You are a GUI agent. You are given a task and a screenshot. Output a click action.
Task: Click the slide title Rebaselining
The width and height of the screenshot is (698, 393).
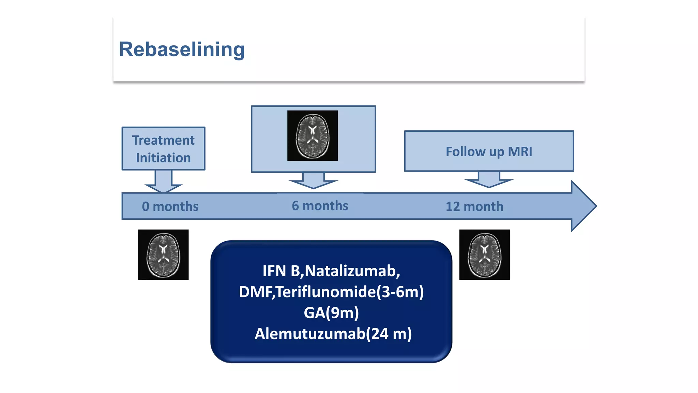tap(182, 49)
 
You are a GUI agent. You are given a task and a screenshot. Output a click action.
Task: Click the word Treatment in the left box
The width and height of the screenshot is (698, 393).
tap(163, 140)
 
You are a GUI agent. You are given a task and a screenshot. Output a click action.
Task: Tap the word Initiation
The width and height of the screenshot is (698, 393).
tap(163, 158)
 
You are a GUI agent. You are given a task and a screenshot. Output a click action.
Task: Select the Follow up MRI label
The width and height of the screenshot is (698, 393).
tap(489, 151)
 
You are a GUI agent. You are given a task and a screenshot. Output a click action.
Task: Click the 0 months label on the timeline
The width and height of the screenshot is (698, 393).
tap(170, 206)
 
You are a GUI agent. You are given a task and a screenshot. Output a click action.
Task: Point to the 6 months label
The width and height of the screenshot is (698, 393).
tap(320, 206)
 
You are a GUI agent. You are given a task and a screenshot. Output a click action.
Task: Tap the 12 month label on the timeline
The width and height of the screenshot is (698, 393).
tap(474, 206)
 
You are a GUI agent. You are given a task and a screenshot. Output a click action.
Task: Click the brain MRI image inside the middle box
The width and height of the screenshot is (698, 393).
tap(313, 136)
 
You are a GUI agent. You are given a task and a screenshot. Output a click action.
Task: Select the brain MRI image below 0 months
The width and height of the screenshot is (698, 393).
tap(163, 255)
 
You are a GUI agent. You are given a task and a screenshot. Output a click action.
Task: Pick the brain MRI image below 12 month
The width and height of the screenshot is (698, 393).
tap(484, 255)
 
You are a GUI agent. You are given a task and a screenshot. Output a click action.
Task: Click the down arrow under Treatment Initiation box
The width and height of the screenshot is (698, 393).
tap(164, 182)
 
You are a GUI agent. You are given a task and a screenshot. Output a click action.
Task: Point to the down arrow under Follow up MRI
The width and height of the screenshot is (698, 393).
tap(489, 180)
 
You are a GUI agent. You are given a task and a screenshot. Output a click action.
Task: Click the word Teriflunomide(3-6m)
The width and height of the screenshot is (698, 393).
tap(350, 292)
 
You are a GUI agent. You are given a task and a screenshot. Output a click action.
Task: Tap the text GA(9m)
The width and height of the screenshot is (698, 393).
tap(331, 313)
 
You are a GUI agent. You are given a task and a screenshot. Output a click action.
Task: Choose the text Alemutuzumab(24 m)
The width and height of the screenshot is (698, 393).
tap(333, 334)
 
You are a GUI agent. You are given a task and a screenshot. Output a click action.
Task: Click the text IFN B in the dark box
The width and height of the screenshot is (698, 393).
tap(281, 271)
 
